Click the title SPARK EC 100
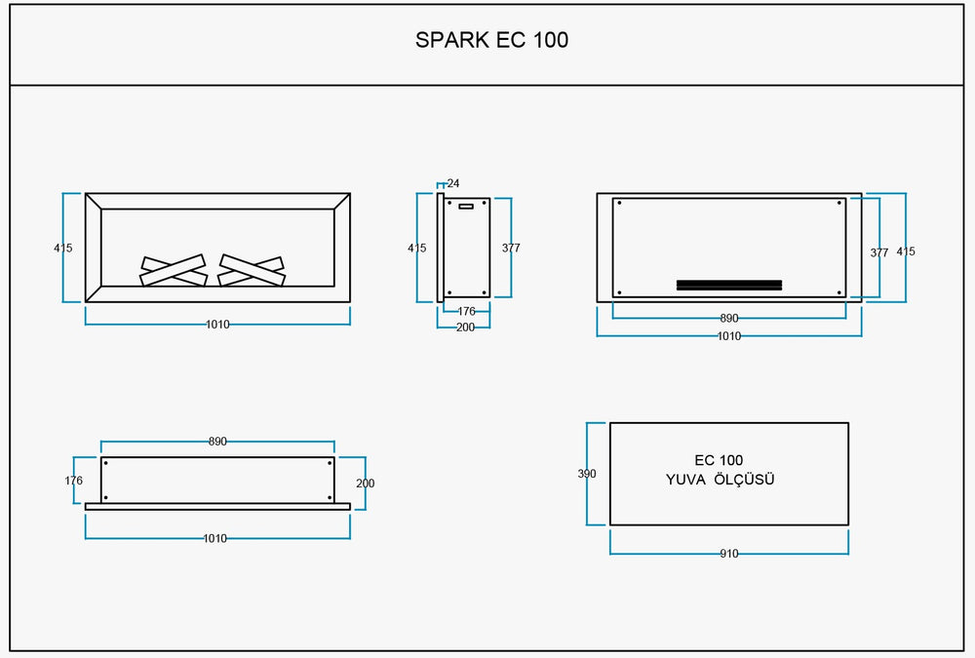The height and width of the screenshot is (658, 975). [x=491, y=40]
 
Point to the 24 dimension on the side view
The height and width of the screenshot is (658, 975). [x=453, y=183]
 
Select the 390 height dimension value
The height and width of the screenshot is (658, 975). [x=586, y=474]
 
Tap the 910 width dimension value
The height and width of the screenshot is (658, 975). [x=729, y=554]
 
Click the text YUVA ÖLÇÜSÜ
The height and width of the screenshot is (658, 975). [x=720, y=480]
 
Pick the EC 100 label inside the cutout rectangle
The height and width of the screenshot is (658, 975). [x=719, y=460]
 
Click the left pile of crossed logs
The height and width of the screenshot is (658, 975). [x=175, y=271]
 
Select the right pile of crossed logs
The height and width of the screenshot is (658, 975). [x=252, y=271]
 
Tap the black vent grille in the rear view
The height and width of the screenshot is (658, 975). [x=729, y=285]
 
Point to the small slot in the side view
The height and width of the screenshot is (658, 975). [x=465, y=206]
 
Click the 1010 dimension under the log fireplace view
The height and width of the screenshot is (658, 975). [x=217, y=325]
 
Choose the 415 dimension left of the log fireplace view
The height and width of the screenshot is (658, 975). [x=63, y=249]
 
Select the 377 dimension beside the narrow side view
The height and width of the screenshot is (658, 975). [x=511, y=249]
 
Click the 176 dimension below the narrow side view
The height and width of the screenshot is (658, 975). [x=466, y=312]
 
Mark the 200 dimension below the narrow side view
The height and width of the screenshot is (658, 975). [x=466, y=328]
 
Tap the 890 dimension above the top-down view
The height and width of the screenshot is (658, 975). [x=217, y=442]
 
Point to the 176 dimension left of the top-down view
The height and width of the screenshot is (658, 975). [x=74, y=481]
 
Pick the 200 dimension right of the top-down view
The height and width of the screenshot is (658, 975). [x=366, y=484]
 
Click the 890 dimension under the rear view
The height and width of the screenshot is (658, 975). [x=729, y=319]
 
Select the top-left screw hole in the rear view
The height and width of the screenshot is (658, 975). [x=619, y=204]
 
